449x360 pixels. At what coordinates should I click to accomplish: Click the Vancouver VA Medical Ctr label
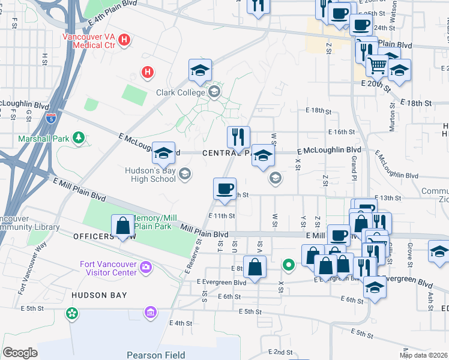[x=89, y=40]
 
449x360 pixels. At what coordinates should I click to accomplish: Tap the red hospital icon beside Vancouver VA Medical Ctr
[x=125, y=40]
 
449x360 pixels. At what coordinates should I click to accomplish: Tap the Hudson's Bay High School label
[x=150, y=175]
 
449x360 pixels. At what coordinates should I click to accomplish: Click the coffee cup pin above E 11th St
[x=224, y=189]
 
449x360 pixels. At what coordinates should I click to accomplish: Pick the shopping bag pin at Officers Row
[x=122, y=226]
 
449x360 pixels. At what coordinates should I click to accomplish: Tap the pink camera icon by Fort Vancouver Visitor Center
[x=145, y=266]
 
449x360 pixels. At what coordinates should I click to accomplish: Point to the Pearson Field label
[x=151, y=354]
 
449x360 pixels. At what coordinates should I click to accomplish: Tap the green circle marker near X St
[x=288, y=264]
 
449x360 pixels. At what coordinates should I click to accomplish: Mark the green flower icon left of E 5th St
[x=73, y=313]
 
